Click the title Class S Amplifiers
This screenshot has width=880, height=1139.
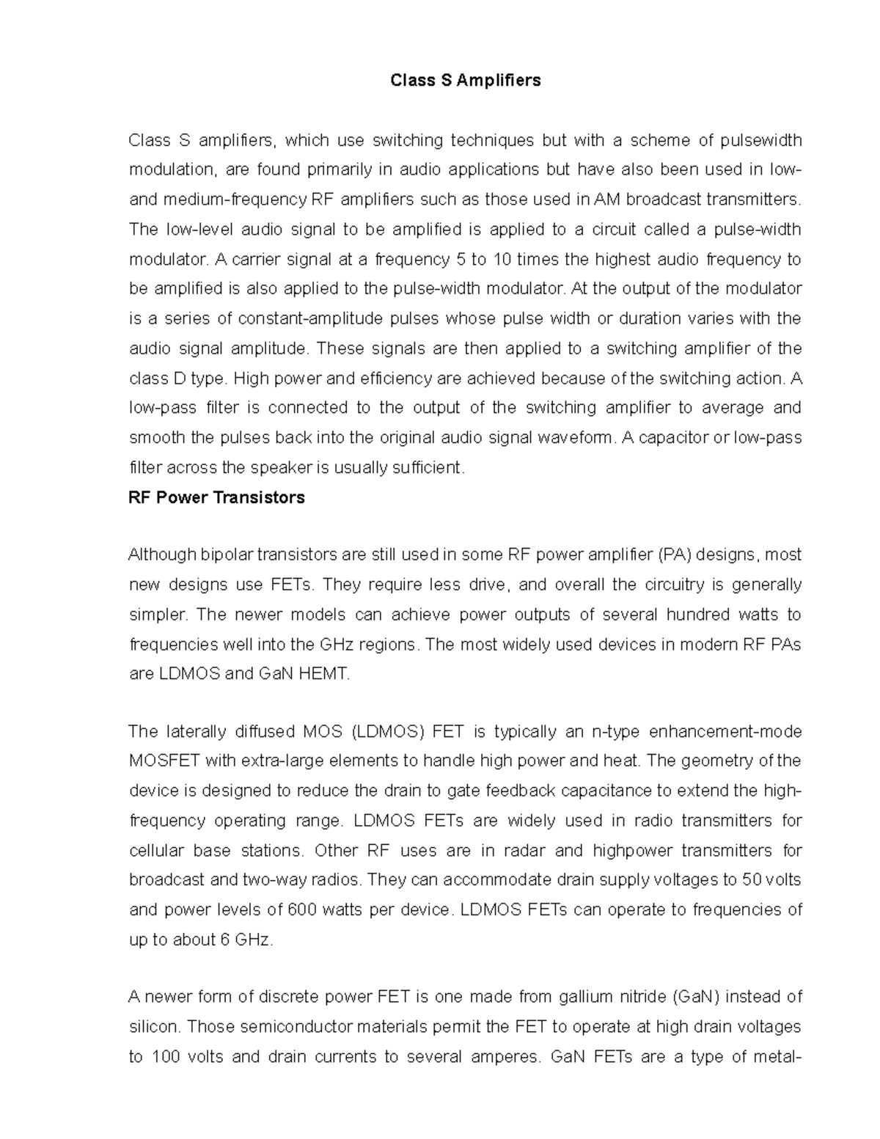click(x=466, y=81)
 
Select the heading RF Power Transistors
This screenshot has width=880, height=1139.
click(x=216, y=498)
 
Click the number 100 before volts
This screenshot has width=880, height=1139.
click(x=165, y=1057)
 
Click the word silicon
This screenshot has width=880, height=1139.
click(x=153, y=1027)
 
